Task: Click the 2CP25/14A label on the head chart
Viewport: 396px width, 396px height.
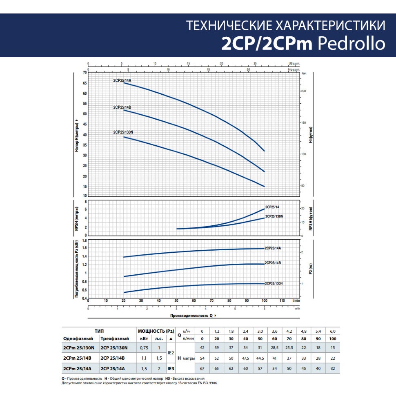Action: tap(122, 80)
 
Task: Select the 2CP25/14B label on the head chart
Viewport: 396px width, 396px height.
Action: tap(122, 107)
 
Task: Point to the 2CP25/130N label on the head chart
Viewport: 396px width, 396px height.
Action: tap(124, 132)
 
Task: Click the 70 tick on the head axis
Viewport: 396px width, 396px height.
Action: tap(85, 73)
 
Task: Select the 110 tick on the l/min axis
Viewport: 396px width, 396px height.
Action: tap(282, 301)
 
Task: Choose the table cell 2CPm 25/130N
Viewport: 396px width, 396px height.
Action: tap(79, 348)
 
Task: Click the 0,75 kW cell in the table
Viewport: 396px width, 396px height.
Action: tap(145, 348)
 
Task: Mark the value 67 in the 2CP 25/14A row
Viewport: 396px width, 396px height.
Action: tap(202, 369)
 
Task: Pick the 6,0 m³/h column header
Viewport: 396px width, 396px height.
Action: tap(332, 331)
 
